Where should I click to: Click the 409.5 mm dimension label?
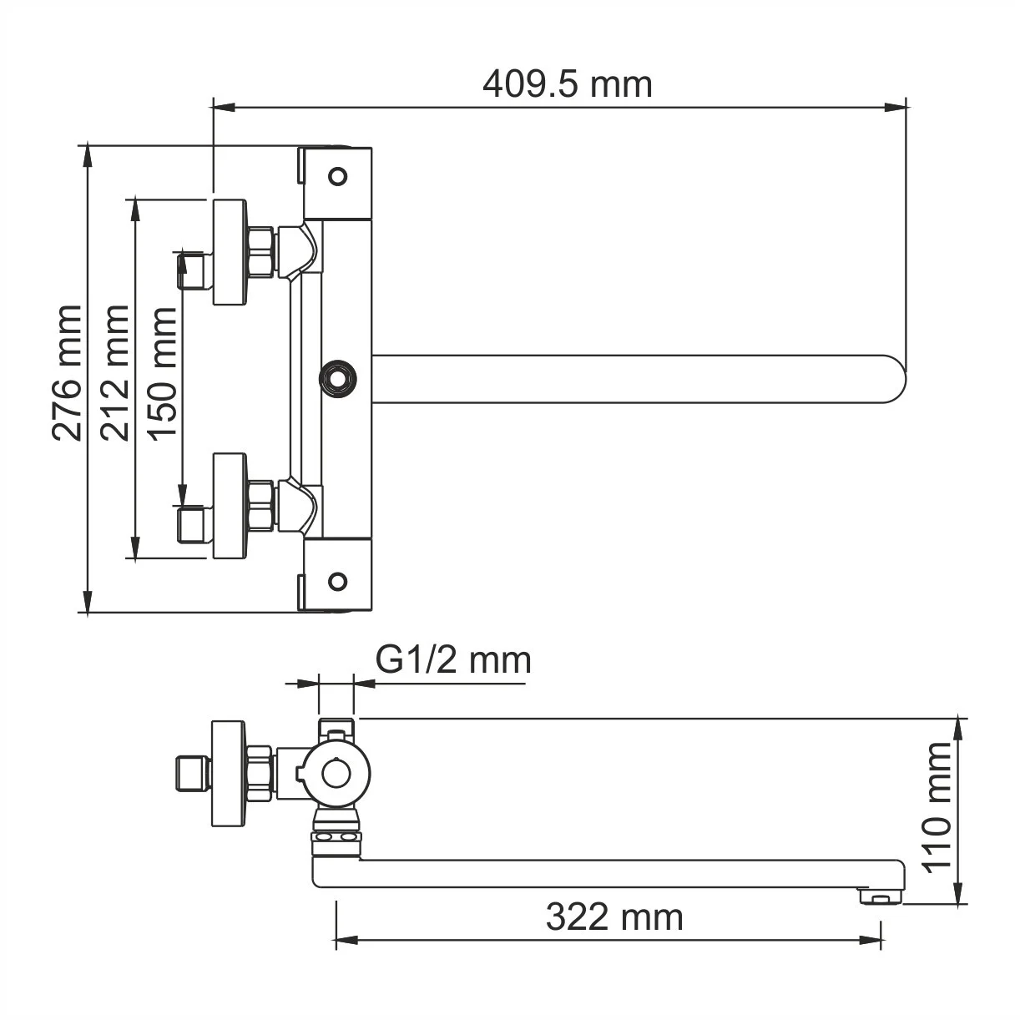click(567, 83)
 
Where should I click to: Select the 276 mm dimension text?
click(68, 373)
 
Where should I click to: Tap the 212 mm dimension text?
click(114, 373)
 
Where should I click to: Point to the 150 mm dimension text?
click(161, 373)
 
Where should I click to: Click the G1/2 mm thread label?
click(453, 660)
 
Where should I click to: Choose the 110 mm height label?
click(938, 806)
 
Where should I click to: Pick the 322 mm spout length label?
click(614, 917)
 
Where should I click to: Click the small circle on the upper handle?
click(337, 176)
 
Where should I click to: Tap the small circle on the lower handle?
click(337, 582)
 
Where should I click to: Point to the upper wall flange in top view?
click(230, 252)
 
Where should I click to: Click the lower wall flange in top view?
click(230, 506)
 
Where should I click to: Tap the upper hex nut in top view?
click(261, 252)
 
